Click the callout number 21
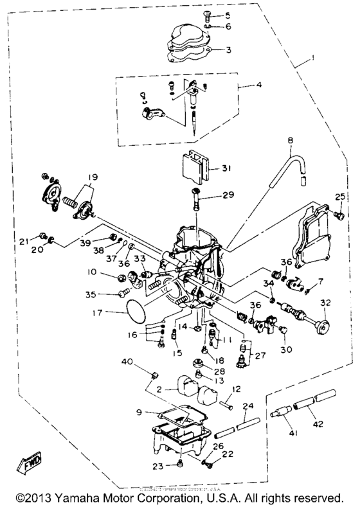click(24, 241)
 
